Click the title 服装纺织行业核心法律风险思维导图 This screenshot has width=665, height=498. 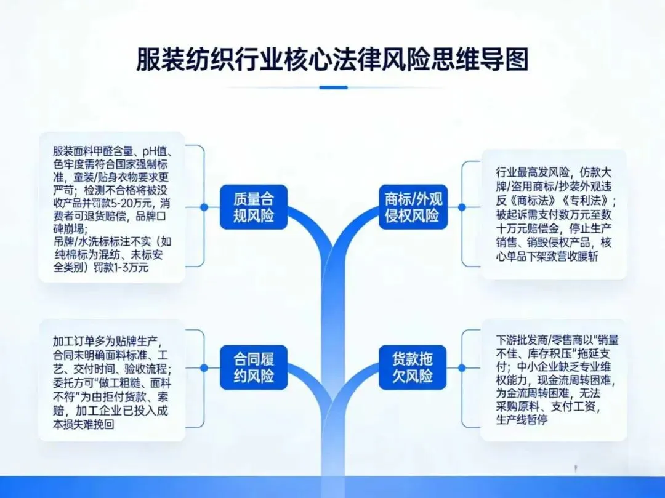(332, 60)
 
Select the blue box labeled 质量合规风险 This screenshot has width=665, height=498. (253, 207)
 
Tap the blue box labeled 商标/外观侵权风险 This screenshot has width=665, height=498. (413, 207)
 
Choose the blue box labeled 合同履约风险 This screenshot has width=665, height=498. (253, 367)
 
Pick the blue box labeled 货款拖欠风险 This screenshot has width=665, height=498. (413, 367)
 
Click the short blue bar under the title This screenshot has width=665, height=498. (333, 87)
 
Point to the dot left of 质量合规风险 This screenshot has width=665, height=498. (204, 207)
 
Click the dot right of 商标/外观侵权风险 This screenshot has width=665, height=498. (462, 207)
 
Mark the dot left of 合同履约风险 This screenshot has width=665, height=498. (204, 367)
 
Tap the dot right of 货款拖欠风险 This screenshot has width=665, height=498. (462, 367)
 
